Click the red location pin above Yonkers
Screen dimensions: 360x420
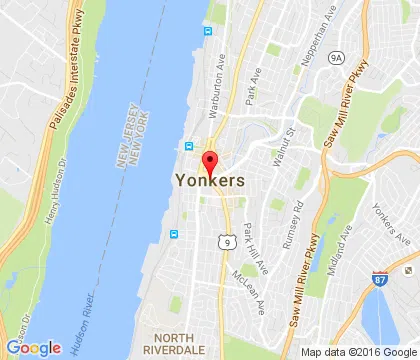click(210, 163)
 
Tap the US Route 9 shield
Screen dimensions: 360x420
click(229, 241)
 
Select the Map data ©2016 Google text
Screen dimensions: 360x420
click(360, 352)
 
